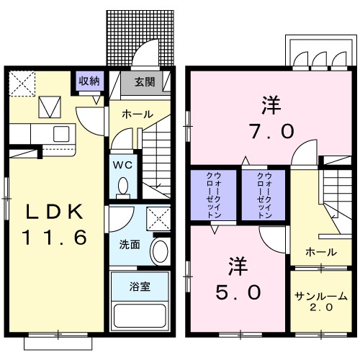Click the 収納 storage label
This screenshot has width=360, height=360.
90,80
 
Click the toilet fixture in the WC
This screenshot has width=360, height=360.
122,186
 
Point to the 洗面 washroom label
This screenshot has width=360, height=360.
130,243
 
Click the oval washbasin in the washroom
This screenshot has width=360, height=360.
161,253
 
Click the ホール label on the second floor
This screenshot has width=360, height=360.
319,252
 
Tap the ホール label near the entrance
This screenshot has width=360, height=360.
136,114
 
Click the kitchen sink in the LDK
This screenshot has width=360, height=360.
60,133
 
